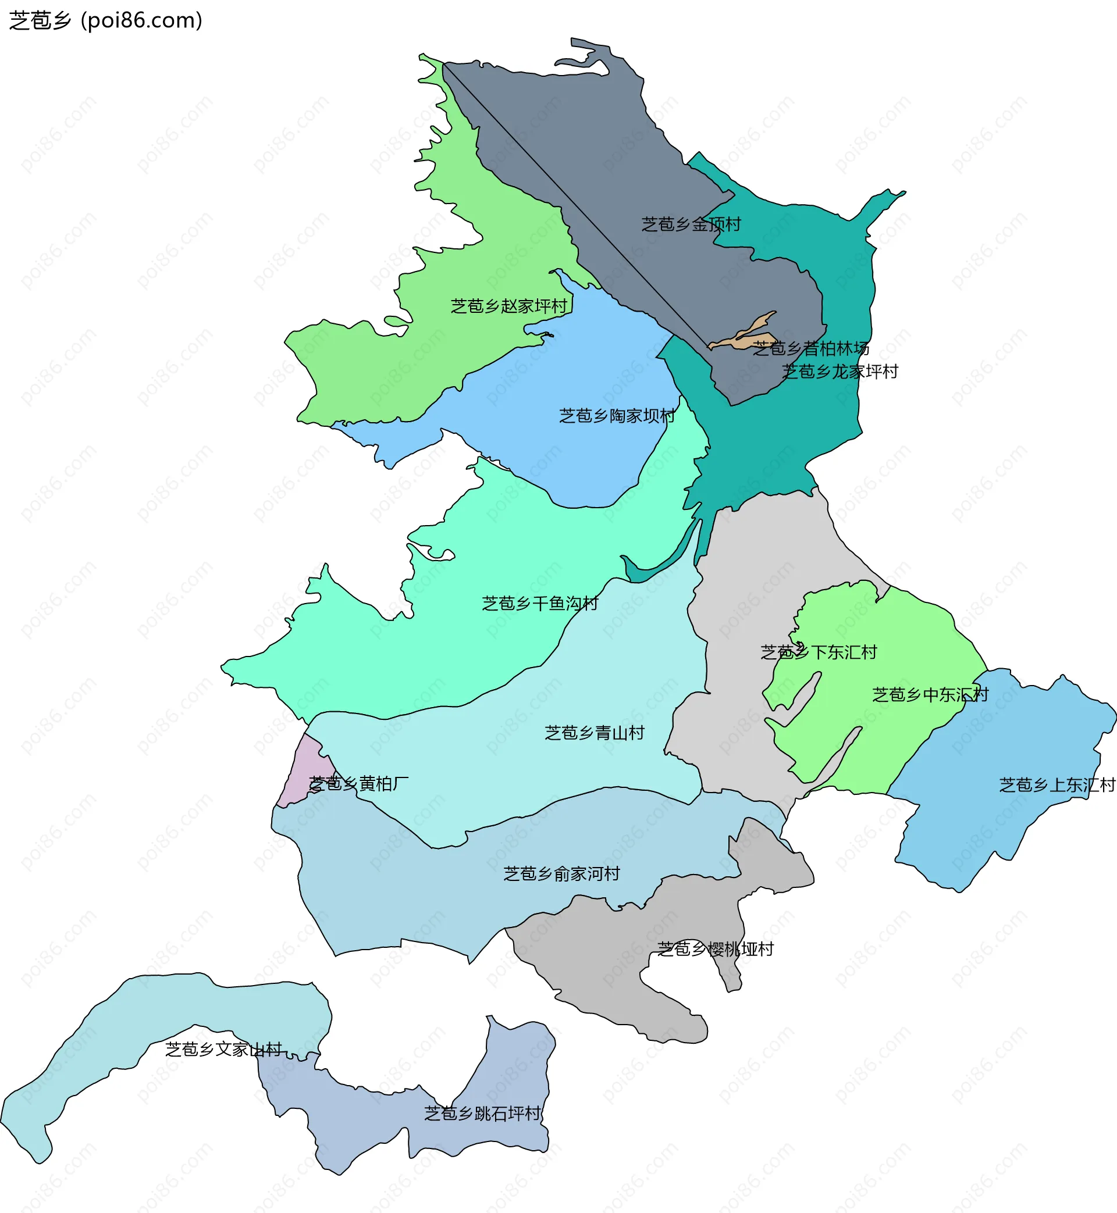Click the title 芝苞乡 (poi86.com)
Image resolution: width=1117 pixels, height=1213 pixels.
pyautogui.click(x=106, y=20)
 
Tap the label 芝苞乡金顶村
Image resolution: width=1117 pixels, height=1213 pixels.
pyautogui.click(x=691, y=224)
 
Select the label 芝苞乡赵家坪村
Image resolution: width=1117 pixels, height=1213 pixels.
pyautogui.click(x=509, y=306)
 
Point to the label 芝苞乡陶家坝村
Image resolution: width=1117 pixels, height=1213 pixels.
pyautogui.click(x=617, y=416)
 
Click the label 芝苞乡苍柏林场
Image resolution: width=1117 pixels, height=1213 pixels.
pyautogui.click(x=810, y=348)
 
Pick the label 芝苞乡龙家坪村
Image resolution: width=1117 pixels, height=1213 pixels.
pyautogui.click(x=839, y=372)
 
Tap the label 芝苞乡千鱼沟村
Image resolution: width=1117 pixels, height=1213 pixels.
pyautogui.click(x=540, y=604)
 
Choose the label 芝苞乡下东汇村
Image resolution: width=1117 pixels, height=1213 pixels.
pyautogui.click(x=819, y=652)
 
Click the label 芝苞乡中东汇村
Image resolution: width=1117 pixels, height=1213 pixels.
pyautogui.click(x=930, y=695)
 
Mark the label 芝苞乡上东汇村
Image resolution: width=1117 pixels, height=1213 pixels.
pyautogui.click(x=1056, y=785)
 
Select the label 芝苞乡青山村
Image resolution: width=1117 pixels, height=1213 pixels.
pyautogui.click(x=594, y=733)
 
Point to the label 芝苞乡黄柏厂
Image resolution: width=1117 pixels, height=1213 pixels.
pyautogui.click(x=358, y=784)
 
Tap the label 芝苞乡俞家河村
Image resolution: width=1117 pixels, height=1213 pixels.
pyautogui.click(x=561, y=874)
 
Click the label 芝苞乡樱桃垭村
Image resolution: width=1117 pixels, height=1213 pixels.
pyautogui.click(x=715, y=950)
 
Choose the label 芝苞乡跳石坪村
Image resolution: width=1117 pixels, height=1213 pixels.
pyautogui.click(x=482, y=1114)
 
